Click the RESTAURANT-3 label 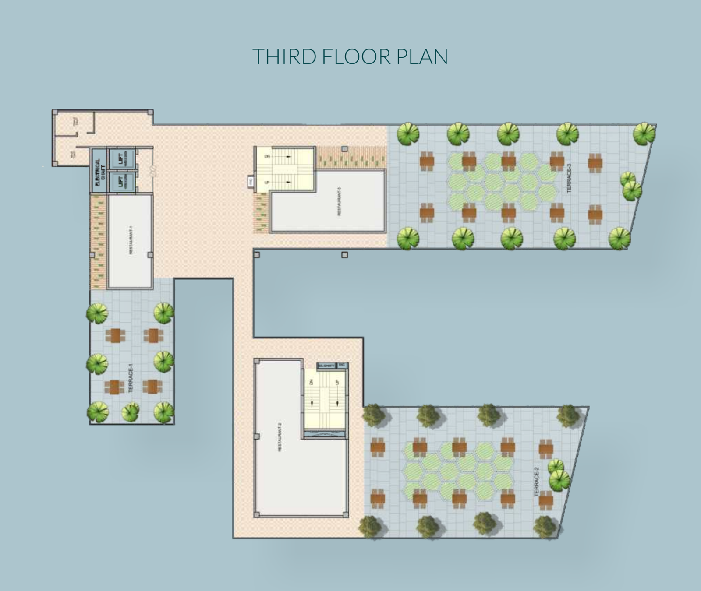[x=339, y=201]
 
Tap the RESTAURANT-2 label [x=280, y=437]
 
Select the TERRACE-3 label [x=569, y=178]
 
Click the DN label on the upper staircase [x=267, y=156]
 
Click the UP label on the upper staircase [x=267, y=182]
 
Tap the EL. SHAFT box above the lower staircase [x=326, y=366]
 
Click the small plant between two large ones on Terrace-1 [x=130, y=412]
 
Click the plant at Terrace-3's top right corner [x=644, y=133]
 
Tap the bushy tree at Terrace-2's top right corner [x=568, y=415]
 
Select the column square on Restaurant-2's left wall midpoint [x=257, y=436]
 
